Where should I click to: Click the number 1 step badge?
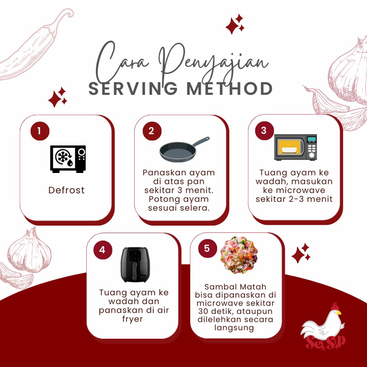click(40, 131)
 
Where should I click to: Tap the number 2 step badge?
click(152, 131)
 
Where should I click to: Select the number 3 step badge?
click(264, 131)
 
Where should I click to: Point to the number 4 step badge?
click(103, 250)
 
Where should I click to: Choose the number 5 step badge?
click(207, 248)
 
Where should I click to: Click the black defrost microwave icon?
click(68, 159)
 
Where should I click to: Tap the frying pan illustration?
click(184, 149)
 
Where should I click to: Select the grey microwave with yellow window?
click(295, 147)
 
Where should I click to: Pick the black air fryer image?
click(135, 265)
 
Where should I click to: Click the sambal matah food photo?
click(239, 255)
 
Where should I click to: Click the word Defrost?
click(67, 190)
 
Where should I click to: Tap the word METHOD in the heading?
click(230, 89)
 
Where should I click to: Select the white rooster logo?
click(323, 327)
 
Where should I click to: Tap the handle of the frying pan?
click(201, 141)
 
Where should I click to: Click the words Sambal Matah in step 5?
click(235, 287)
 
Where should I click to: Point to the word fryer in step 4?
click(133, 319)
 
